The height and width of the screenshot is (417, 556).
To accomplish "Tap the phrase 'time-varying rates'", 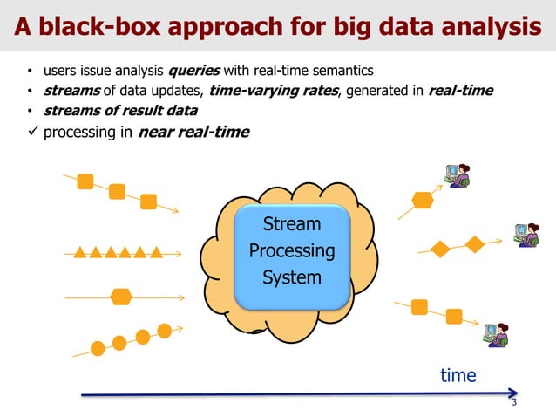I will click(272, 91).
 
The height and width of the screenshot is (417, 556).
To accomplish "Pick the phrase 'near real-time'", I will click(193, 133).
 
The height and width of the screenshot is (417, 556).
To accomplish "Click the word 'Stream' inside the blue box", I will click(292, 224).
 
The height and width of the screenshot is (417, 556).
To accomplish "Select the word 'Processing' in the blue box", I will click(292, 251).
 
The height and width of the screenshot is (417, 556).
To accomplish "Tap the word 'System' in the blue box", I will click(292, 278).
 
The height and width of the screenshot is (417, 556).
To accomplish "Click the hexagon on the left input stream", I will click(120, 297).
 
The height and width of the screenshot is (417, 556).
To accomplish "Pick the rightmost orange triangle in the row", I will click(156, 253).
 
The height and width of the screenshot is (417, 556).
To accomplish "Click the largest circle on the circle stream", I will click(164, 330).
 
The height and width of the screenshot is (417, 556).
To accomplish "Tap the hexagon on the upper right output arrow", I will click(423, 200).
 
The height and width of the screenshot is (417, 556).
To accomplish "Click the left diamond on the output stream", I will click(441, 250).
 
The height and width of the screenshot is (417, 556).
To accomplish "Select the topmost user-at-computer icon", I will click(457, 175).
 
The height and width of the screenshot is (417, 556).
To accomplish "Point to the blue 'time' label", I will click(458, 376).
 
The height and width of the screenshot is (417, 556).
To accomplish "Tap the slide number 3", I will click(514, 403).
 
